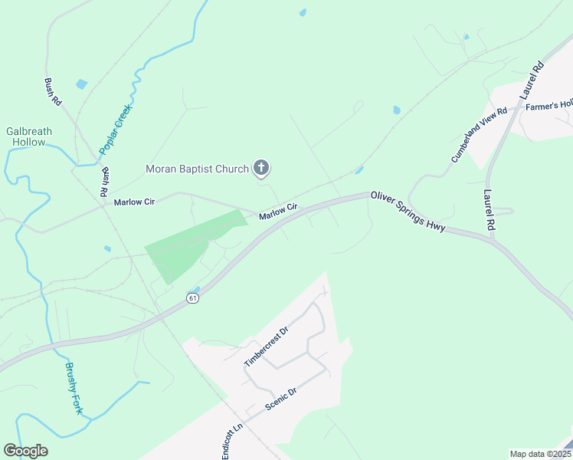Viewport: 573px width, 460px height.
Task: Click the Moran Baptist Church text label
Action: tap(198, 169)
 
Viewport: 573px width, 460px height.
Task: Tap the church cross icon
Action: tap(261, 168)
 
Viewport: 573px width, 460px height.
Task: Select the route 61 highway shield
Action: tap(193, 297)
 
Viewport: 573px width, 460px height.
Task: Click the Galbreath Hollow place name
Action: tap(29, 136)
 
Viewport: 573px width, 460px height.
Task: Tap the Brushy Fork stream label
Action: tap(73, 388)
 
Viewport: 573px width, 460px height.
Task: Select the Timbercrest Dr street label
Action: tap(265, 346)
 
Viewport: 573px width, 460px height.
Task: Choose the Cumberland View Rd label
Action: tap(479, 133)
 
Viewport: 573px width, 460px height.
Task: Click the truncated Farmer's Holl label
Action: tap(549, 105)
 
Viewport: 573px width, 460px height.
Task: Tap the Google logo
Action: tap(25, 451)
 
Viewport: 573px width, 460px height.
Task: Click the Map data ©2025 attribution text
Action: tap(539, 453)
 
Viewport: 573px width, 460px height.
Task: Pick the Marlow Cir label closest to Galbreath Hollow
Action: tap(134, 202)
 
